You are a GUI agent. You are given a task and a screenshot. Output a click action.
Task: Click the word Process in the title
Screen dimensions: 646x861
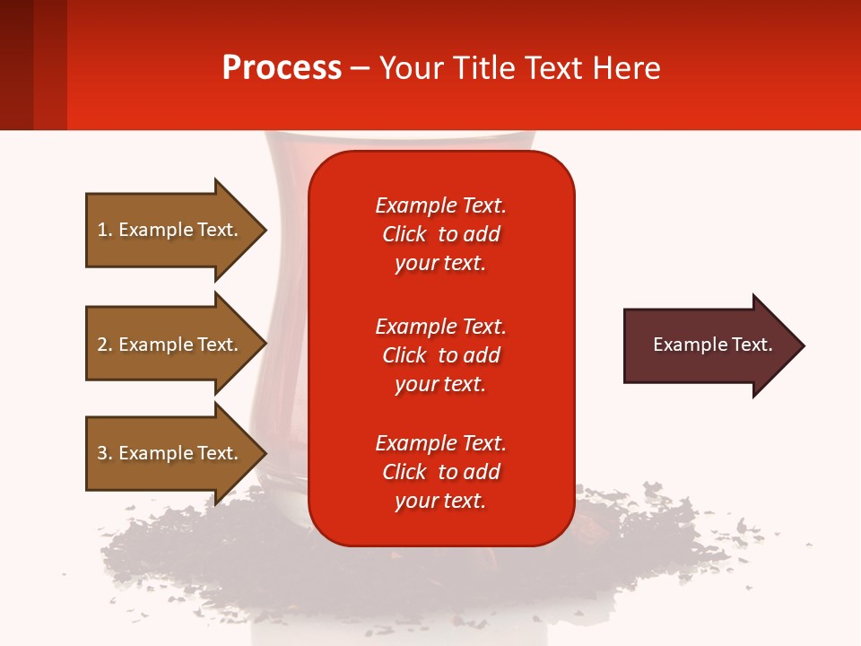282,68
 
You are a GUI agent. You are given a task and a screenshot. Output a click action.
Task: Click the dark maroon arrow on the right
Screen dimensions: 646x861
700,345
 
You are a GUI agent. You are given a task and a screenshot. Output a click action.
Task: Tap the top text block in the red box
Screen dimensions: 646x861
440,234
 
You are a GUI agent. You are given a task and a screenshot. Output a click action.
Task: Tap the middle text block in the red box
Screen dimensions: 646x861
440,355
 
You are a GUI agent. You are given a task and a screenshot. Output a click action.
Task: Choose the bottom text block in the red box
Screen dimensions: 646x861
440,472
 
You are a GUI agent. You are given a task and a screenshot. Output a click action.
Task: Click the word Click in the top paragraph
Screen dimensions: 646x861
404,234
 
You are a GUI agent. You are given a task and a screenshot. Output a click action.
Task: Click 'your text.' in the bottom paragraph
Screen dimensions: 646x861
440,501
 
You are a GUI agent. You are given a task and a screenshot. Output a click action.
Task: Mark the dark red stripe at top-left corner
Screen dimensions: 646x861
16,65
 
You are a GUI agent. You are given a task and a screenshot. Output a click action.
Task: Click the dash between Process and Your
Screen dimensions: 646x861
361,69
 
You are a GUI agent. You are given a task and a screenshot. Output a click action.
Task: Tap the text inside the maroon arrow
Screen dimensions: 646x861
712,345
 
